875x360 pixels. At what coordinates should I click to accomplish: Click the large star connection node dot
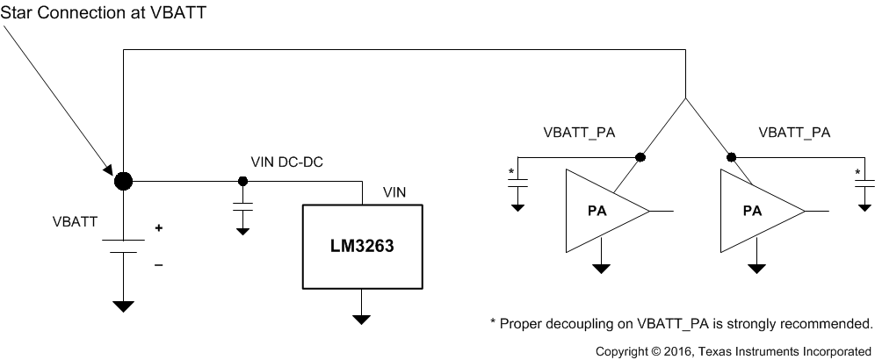[x=124, y=182]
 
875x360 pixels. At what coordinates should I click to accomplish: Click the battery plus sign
[x=160, y=227]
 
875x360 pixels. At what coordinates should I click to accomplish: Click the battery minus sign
[x=159, y=264]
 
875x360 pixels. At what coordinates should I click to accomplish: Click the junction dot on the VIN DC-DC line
[x=242, y=182]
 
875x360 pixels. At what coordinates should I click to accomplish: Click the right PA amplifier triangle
[x=756, y=212]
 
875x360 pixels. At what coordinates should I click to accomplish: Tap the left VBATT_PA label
[x=579, y=133]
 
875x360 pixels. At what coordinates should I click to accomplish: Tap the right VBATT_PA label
[x=793, y=133]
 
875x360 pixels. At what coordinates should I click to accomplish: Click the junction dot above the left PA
[x=640, y=157]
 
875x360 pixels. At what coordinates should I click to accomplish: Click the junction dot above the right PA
[x=731, y=157]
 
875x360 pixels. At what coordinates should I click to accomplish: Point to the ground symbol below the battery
[x=124, y=306]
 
